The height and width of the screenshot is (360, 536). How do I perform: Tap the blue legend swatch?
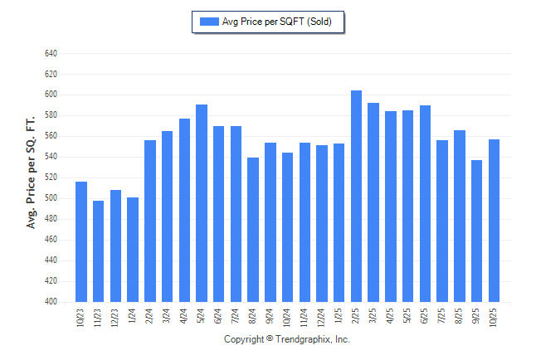click(x=209, y=22)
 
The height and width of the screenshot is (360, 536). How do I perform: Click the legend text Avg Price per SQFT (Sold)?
click(x=277, y=22)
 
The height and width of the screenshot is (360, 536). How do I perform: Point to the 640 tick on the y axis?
click(x=51, y=53)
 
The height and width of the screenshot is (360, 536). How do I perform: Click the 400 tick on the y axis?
click(x=51, y=302)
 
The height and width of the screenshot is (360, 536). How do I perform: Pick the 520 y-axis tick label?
click(x=51, y=178)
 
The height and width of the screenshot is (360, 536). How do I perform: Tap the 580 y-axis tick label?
click(x=51, y=115)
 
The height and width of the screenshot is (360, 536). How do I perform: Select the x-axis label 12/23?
click(x=115, y=318)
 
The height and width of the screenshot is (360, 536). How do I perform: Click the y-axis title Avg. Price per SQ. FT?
click(x=32, y=173)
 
